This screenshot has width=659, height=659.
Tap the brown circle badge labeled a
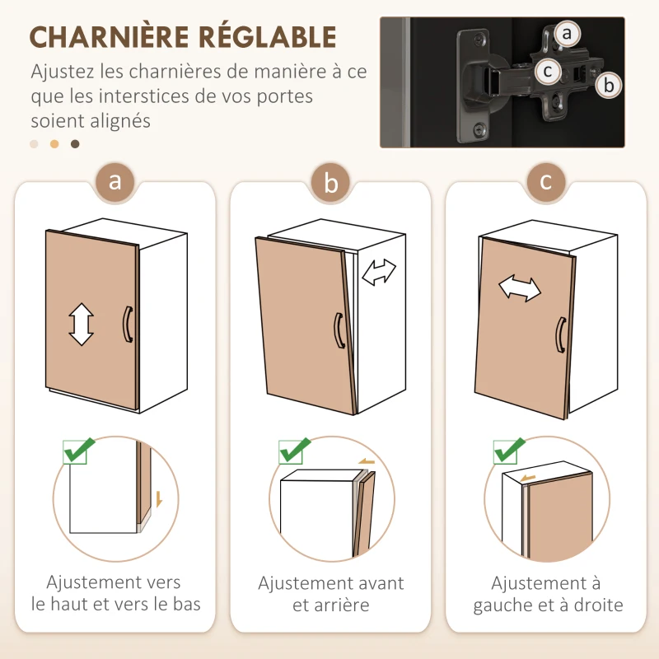point(115,182)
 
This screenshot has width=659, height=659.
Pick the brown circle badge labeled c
point(546,182)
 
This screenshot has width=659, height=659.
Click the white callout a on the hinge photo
point(566,34)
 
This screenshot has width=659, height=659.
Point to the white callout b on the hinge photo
point(608,84)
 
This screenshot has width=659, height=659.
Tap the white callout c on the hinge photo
point(547,71)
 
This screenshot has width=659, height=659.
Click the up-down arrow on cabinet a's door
point(81,324)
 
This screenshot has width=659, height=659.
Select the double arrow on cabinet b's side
point(379,272)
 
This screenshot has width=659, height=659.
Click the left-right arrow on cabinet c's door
point(520,288)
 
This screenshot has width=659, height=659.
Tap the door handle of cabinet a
point(127,323)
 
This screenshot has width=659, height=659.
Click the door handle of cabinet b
point(338,330)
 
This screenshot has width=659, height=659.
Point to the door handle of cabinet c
point(560,336)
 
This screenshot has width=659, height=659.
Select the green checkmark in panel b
point(294,451)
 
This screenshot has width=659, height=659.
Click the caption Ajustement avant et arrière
point(330,594)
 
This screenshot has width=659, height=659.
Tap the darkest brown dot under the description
point(75,144)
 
